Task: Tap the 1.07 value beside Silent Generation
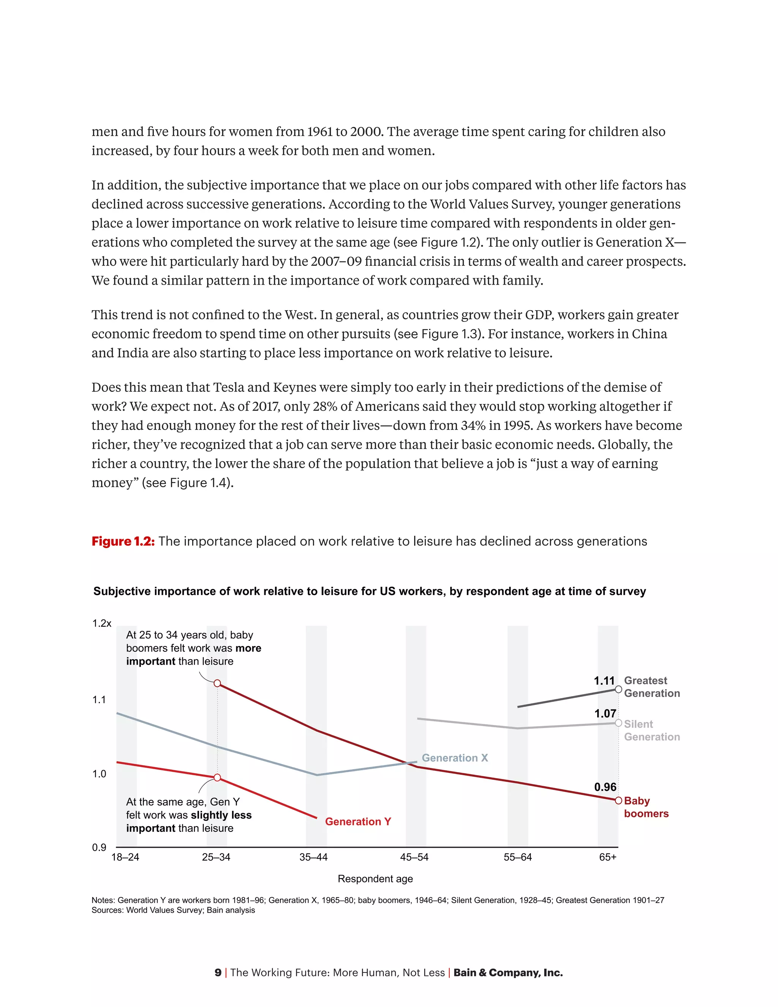(x=605, y=713)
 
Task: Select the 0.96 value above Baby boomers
(x=605, y=787)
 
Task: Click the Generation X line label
(x=454, y=758)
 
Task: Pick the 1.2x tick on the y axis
(x=101, y=623)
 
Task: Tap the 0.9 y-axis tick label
(x=99, y=847)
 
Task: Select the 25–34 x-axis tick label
(x=216, y=857)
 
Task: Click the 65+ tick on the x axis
(x=607, y=857)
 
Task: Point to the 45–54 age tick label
(x=414, y=857)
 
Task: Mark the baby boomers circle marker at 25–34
(x=218, y=683)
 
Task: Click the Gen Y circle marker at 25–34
(x=218, y=778)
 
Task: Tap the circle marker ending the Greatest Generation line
(x=618, y=689)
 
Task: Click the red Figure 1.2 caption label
(x=123, y=541)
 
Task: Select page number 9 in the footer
(x=218, y=972)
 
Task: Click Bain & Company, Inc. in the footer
(x=508, y=972)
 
